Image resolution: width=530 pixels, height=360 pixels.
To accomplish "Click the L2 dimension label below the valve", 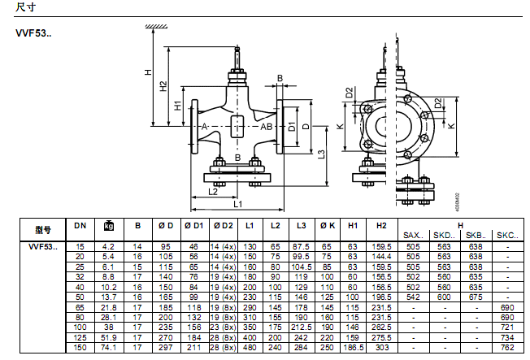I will [x=213, y=193].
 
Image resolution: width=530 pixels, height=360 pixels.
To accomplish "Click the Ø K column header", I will [x=328, y=225].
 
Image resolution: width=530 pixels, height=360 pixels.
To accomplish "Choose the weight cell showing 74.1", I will [x=109, y=347].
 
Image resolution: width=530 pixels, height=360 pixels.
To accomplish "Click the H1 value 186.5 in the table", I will [x=353, y=347].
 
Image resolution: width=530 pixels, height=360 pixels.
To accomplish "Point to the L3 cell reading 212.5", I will [x=302, y=327].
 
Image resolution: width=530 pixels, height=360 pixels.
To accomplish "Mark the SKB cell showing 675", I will [x=475, y=296].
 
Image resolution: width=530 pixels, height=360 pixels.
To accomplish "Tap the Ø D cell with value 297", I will [x=166, y=347].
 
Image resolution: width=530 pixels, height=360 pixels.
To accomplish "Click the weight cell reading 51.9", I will [x=109, y=336].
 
